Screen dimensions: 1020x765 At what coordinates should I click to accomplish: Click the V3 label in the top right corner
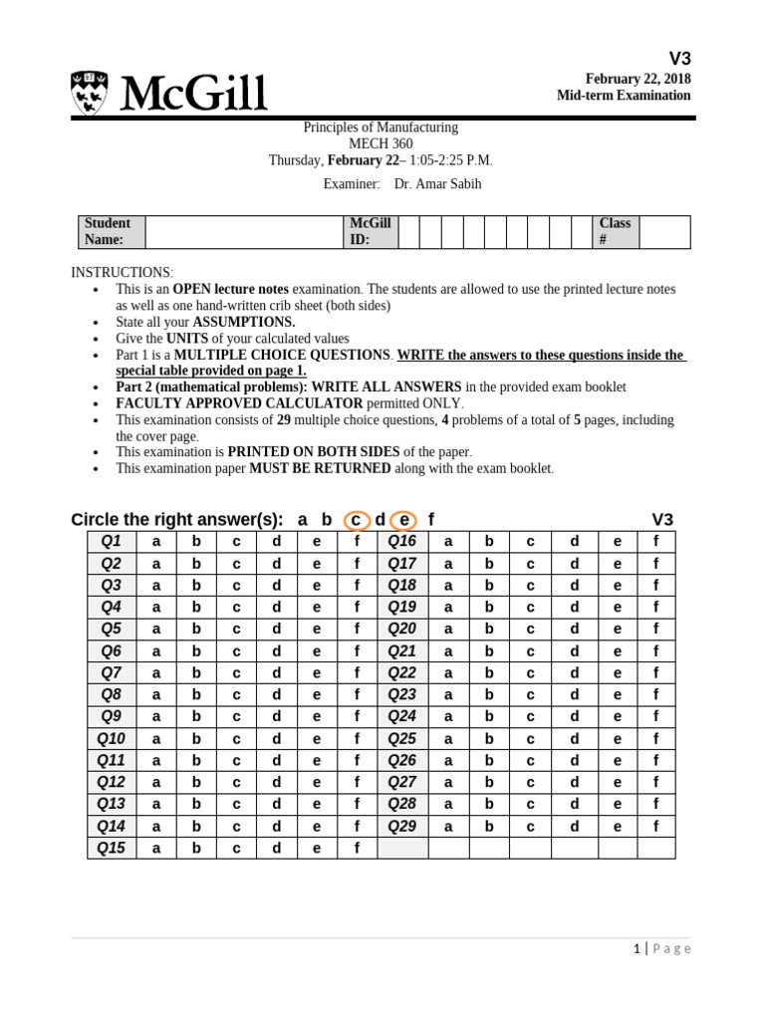click(x=678, y=58)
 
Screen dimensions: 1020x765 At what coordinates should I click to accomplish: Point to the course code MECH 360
click(x=380, y=143)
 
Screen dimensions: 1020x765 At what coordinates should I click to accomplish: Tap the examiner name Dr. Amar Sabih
click(x=438, y=184)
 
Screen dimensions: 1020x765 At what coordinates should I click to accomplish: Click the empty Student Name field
click(x=241, y=232)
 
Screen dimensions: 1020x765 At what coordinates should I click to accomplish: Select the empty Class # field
click(x=663, y=232)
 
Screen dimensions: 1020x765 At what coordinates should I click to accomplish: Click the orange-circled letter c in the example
click(x=356, y=520)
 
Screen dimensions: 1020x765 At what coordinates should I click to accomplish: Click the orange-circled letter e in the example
click(x=402, y=520)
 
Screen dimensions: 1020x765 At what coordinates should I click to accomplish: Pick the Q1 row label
click(x=111, y=542)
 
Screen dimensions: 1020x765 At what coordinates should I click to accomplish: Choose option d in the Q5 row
click(x=277, y=630)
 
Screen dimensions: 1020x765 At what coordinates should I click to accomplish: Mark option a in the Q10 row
click(x=156, y=739)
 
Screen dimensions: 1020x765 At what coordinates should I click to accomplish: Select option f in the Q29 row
click(x=655, y=827)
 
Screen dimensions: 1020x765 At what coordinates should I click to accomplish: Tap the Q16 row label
click(x=401, y=542)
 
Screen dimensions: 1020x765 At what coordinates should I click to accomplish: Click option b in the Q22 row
click(x=488, y=673)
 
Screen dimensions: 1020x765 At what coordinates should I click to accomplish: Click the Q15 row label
click(x=111, y=849)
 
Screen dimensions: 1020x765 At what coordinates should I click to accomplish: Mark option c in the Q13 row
click(x=236, y=805)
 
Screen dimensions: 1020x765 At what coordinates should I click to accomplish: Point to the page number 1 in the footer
click(x=637, y=949)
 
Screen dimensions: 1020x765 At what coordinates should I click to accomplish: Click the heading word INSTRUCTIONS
click(x=122, y=273)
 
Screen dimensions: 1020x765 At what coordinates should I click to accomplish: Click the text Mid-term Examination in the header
click(x=623, y=96)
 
